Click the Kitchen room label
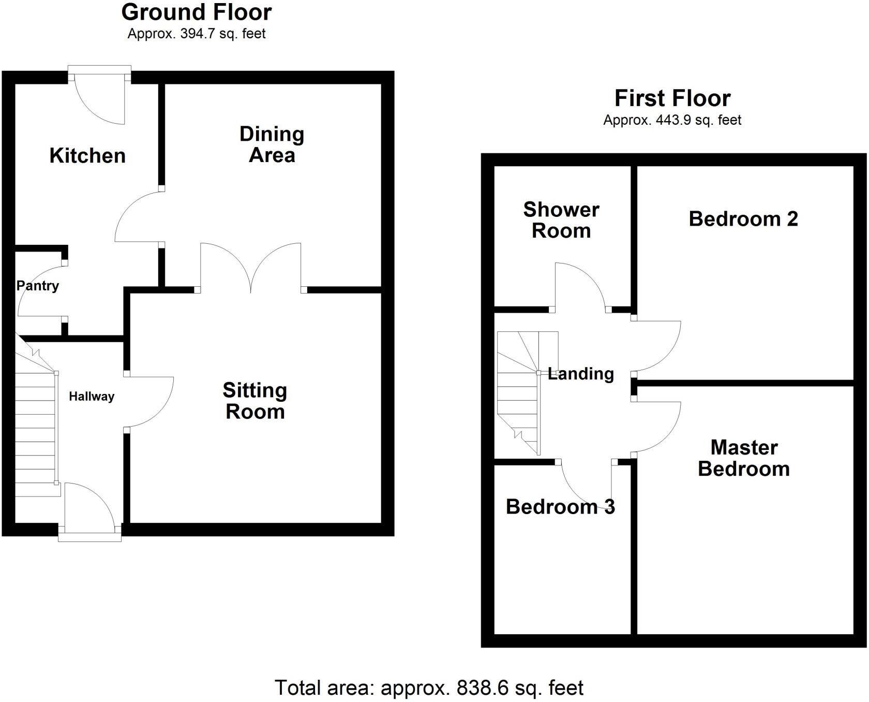(x=87, y=155)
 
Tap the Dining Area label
(x=272, y=144)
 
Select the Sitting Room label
(x=255, y=401)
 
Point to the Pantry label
(x=38, y=286)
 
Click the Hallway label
(x=92, y=397)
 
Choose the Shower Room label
(x=561, y=220)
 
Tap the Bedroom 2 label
(x=743, y=219)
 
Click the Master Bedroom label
(x=744, y=458)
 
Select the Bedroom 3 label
(x=560, y=507)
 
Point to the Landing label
(x=581, y=374)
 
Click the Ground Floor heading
(x=197, y=12)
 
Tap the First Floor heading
(x=672, y=98)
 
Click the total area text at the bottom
(x=429, y=688)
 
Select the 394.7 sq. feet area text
(x=197, y=34)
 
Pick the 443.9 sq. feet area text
(x=672, y=121)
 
